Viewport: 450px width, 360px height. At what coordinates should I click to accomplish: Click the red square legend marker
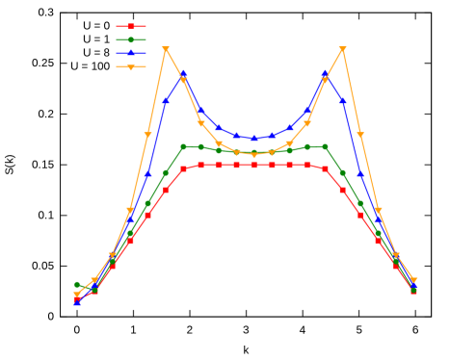pos(131,27)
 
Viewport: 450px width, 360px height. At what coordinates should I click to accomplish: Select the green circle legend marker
pos(131,40)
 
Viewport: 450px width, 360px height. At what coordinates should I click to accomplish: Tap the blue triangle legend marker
pos(131,53)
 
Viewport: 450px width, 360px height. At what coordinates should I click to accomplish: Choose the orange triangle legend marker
pos(131,67)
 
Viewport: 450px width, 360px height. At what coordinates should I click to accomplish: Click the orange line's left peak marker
pos(166,49)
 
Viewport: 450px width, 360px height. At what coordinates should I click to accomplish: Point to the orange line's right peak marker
pos(343,49)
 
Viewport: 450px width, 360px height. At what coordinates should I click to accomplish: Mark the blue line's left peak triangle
pos(183,74)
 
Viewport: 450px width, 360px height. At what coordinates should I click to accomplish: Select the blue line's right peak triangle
pos(325,74)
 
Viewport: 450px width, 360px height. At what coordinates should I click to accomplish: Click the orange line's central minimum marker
pos(254,154)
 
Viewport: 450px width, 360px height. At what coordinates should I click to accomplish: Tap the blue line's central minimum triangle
pos(254,139)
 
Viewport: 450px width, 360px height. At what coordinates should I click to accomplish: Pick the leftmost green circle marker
pos(77,285)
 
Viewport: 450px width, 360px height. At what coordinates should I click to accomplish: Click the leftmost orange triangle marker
pos(77,296)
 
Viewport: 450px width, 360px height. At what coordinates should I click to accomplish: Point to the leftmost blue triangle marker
pos(77,301)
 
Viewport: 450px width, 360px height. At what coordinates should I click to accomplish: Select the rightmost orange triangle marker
pos(413,281)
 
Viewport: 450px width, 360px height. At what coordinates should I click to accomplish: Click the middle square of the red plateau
pos(254,166)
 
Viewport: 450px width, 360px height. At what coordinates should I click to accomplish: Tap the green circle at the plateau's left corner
pos(183,146)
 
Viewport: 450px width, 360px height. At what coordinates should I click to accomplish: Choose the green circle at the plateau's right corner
pos(325,146)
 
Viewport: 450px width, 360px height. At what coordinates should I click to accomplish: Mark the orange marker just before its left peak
pos(147,135)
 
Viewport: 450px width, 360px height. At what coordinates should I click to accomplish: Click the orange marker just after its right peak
pos(360,135)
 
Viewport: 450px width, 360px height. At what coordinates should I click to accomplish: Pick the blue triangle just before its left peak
pos(166,100)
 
